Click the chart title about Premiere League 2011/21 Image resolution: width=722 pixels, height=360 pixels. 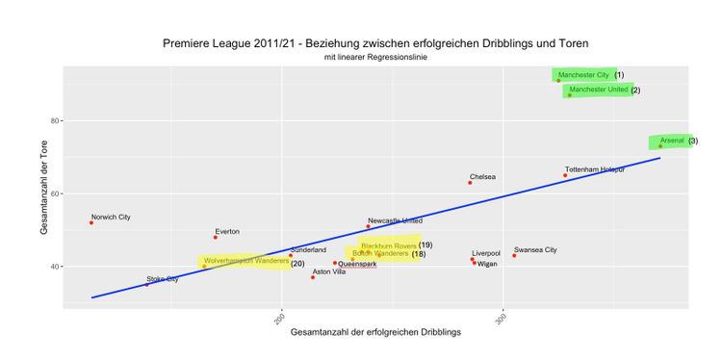[x=375, y=43]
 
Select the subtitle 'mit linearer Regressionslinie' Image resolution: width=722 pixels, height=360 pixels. [x=375, y=58]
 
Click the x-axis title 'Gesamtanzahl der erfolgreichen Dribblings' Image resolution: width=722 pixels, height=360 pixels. [x=375, y=331]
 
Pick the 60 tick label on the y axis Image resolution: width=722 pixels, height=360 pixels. [x=54, y=193]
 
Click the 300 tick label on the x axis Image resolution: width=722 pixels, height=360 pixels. [x=502, y=319]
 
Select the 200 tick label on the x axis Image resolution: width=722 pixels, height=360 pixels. [x=280, y=319]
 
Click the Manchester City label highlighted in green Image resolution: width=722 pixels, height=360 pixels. [x=583, y=75]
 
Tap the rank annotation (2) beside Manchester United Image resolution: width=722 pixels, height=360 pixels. [x=635, y=90]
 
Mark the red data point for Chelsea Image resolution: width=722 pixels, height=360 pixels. [x=470, y=183]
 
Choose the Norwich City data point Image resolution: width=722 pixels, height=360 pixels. [x=91, y=222]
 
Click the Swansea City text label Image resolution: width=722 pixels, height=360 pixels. [x=535, y=249]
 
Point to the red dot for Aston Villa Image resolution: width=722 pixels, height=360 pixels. [x=313, y=277]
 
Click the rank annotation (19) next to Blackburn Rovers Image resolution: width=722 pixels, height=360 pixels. [x=425, y=245]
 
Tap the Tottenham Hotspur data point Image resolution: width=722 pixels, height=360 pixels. [x=565, y=175]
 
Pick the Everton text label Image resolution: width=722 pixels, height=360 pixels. [x=227, y=231]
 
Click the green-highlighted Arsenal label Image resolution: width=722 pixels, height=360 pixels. [x=672, y=141]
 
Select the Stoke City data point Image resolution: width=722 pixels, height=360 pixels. [x=146, y=285]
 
